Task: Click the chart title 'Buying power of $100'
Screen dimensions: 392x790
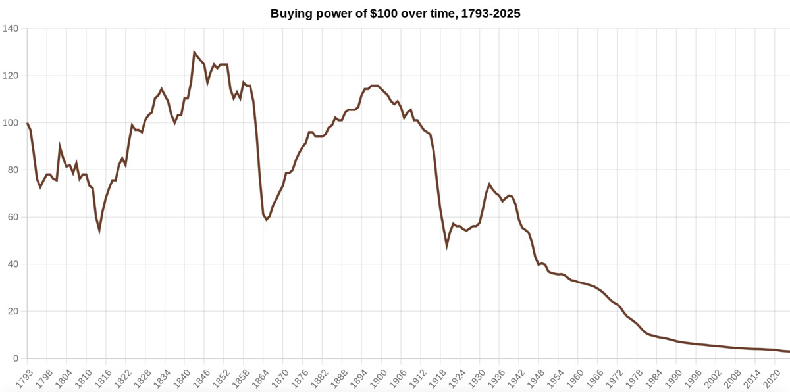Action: [395, 13]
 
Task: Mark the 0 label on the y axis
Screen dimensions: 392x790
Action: [14, 359]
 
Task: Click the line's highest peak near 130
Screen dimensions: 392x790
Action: [194, 52]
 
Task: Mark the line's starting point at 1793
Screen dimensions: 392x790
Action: [27, 123]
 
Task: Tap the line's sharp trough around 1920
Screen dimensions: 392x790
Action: [447, 245]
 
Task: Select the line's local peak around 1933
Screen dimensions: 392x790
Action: [489, 184]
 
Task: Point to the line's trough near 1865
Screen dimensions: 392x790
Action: [266, 220]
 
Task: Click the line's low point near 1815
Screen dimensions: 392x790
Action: [99, 230]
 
